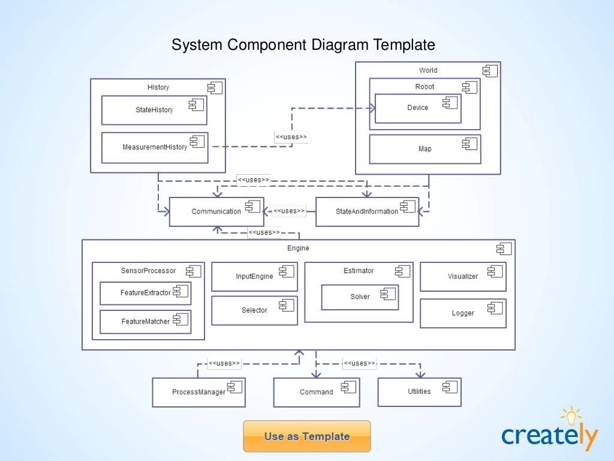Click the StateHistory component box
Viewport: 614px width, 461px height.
click(x=154, y=110)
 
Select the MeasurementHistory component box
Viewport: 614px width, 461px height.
click(x=155, y=148)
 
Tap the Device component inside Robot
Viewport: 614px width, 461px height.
click(x=418, y=108)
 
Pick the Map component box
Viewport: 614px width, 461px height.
click(x=425, y=149)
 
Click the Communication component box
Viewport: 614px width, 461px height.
click(x=216, y=212)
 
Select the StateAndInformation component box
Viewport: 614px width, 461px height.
click(x=368, y=212)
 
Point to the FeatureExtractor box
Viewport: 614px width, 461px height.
click(x=146, y=293)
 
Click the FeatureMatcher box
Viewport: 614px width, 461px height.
click(x=146, y=322)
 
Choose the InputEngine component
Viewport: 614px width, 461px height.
click(x=254, y=277)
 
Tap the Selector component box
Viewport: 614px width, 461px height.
click(x=254, y=310)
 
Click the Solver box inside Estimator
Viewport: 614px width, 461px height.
click(x=360, y=297)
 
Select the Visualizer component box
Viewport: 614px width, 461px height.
click(x=463, y=277)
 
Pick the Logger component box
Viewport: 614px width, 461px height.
click(x=463, y=313)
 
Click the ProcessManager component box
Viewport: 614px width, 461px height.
click(x=198, y=392)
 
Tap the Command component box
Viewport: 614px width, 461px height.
click(x=317, y=392)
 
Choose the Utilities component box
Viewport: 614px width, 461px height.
click(x=419, y=391)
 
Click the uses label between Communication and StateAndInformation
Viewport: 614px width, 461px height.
click(x=289, y=211)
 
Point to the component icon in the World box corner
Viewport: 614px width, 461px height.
click(x=490, y=71)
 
